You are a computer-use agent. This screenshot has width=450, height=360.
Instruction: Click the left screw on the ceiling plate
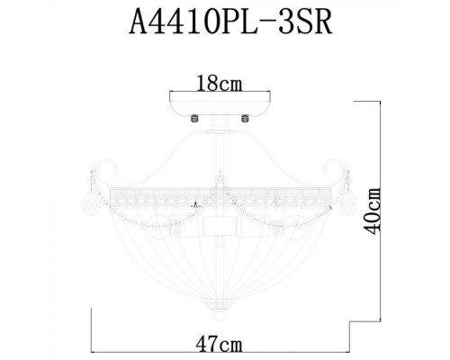click(190, 114)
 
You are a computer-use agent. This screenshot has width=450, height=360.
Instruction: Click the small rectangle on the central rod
click(219, 225)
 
